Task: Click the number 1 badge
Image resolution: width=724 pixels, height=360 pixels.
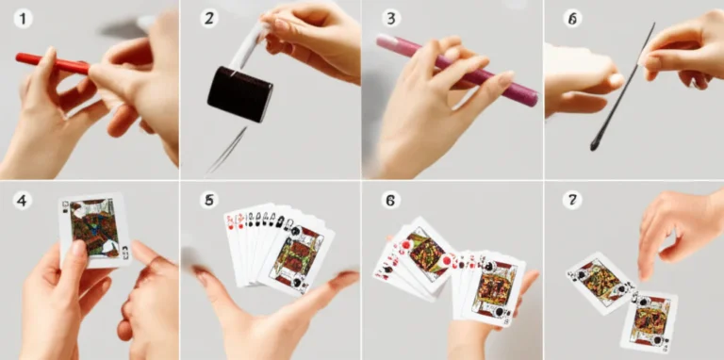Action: pos(23,19)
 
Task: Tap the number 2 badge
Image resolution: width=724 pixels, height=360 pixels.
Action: pos(208,19)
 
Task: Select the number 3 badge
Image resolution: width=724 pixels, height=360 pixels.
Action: pos(390,19)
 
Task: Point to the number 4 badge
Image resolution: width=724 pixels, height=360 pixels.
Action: pos(23,201)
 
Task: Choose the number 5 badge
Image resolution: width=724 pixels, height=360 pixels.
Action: pos(208,201)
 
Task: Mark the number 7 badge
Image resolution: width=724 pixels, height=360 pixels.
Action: pos(572,201)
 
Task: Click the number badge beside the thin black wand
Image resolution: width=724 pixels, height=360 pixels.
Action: pos(572,19)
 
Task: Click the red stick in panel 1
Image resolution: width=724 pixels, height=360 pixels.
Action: pos(52,64)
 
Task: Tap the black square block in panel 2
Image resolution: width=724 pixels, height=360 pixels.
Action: pos(239,94)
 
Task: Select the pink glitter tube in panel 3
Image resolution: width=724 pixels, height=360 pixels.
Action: pos(457,70)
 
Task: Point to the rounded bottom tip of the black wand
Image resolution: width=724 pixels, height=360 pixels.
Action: pos(594,146)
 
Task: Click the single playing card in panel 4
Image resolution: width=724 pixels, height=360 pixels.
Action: pos(95,230)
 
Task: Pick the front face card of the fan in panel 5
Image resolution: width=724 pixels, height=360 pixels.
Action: pos(296,258)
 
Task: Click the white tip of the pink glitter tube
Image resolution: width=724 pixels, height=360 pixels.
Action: pos(385,41)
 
